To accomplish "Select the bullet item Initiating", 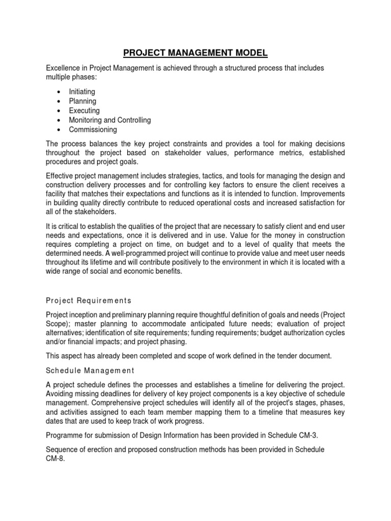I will (x=82, y=92).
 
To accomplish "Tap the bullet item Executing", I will (x=84, y=110).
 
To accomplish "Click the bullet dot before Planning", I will (x=60, y=101).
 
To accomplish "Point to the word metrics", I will (x=281, y=153).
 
